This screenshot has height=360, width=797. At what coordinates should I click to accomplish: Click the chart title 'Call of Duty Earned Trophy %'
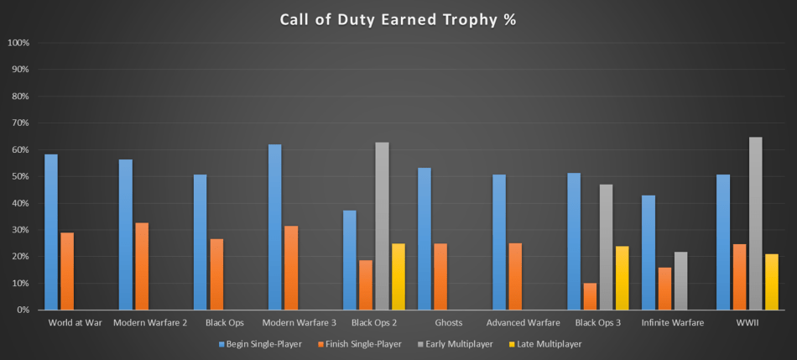click(398, 18)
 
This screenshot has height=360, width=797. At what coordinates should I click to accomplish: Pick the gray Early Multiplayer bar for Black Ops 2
click(382, 226)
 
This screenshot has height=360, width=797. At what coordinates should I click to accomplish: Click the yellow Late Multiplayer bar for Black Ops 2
click(398, 277)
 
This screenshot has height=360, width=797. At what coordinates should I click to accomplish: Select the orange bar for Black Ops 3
click(590, 296)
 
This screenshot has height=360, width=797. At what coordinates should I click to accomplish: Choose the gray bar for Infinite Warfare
click(681, 281)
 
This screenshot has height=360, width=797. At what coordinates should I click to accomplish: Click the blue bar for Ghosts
click(424, 239)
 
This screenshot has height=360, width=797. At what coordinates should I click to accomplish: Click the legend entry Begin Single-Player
click(256, 344)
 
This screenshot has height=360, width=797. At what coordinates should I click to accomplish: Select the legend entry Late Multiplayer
click(545, 344)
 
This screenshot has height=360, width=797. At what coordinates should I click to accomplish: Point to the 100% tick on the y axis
click(18, 43)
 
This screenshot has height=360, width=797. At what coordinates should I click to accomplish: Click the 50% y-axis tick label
click(18, 176)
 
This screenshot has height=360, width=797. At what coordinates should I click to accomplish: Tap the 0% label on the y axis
click(22, 310)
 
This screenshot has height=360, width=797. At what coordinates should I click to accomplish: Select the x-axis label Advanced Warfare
click(523, 322)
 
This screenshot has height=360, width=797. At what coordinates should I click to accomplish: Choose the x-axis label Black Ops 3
click(597, 322)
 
